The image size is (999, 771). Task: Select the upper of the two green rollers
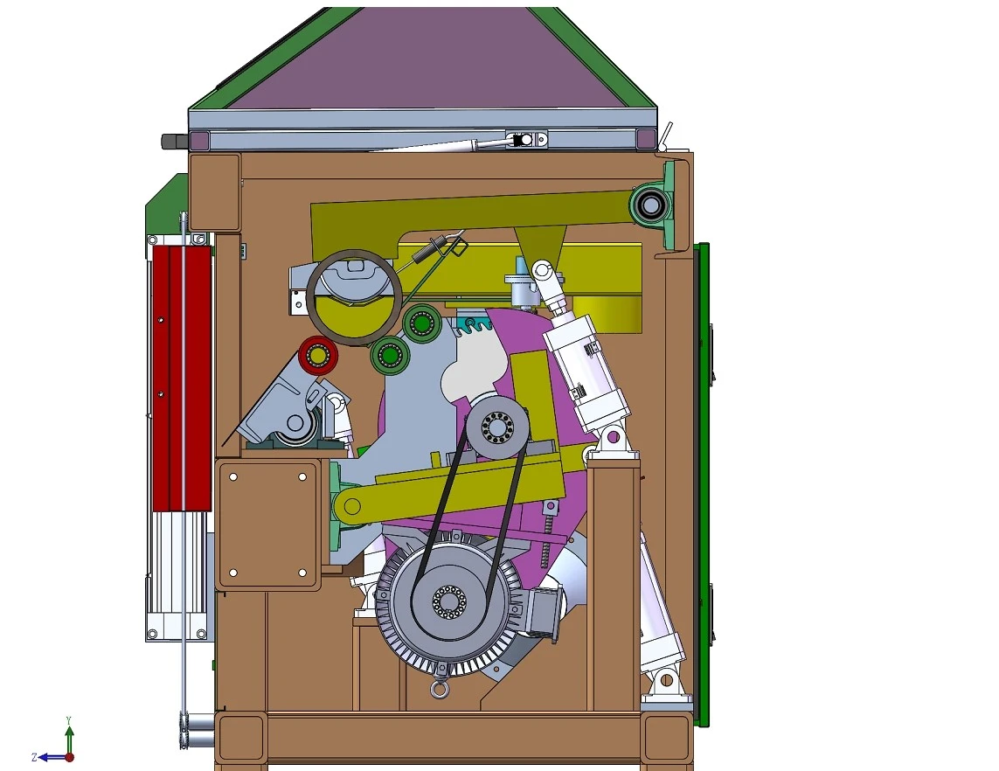point(422,323)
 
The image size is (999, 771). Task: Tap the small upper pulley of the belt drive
point(497,427)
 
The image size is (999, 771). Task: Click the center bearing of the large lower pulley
point(450,601)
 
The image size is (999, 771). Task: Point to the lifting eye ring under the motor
point(437,690)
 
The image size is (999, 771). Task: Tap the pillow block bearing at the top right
point(651,205)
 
